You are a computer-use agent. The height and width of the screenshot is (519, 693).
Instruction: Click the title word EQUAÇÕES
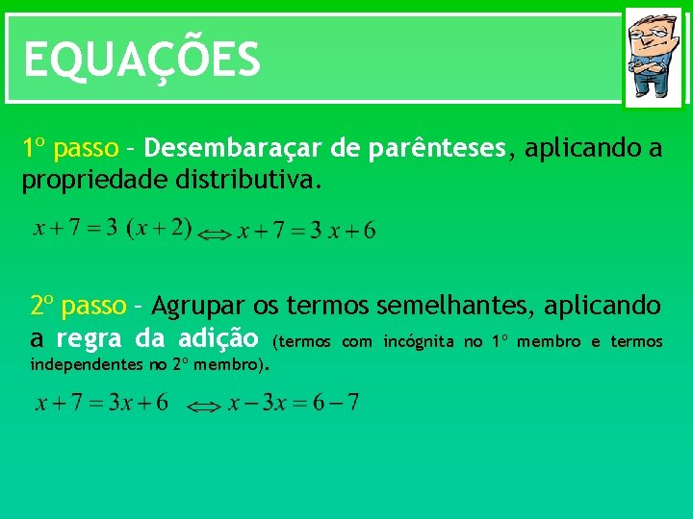pos(141,60)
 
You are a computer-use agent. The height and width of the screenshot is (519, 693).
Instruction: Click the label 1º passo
pos(70,149)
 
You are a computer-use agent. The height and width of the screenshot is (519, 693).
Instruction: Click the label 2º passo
pos(78,307)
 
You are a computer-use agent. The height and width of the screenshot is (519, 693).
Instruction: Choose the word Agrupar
pos(198,307)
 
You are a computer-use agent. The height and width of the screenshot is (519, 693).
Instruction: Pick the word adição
pos(218,339)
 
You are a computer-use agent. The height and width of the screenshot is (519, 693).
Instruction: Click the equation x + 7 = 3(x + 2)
pos(113,230)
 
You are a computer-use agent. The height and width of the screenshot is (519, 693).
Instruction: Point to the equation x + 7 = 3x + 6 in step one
pos(307,231)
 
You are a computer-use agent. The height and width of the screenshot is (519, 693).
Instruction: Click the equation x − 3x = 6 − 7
pos(294,403)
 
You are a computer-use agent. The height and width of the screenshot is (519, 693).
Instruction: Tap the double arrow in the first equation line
pos(216,235)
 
